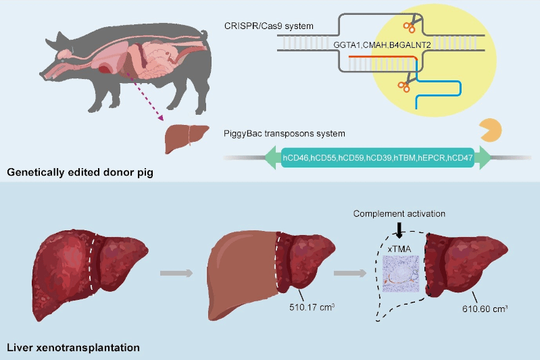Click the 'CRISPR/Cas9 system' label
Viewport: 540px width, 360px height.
[x=260, y=26]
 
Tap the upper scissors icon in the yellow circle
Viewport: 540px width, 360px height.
[x=410, y=27]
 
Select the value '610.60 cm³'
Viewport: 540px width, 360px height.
[x=486, y=307]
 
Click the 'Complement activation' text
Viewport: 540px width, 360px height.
[x=398, y=214]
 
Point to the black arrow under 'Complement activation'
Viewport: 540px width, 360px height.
[x=399, y=230]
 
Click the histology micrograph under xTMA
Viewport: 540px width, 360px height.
[x=401, y=274]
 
